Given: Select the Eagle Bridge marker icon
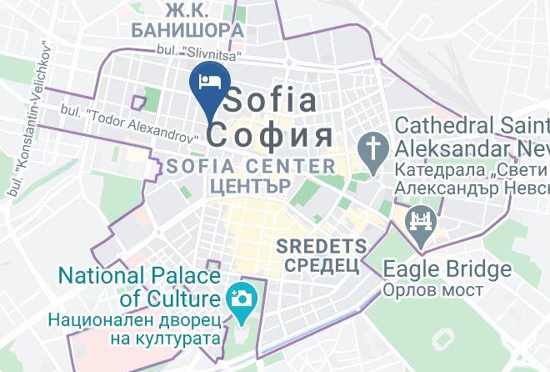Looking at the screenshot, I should tap(419, 224).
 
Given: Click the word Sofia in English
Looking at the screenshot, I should tap(272, 101).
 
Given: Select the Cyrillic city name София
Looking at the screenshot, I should tap(271, 135).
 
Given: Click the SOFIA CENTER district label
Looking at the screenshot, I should tap(251, 165).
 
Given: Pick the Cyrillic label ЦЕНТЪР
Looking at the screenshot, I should tap(251, 185).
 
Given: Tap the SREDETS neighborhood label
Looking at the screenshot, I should tap(321, 247).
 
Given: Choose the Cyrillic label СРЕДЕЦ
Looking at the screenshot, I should tap(322, 265).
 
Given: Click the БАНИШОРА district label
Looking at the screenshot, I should tap(187, 31).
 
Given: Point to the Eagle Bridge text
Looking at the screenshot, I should tap(447, 269).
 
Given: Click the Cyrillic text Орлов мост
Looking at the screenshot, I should tap(433, 289).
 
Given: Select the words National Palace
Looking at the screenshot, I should tap(137, 275).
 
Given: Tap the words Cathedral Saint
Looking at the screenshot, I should tap(471, 126).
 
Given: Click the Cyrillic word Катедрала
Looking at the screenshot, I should tap(433, 170).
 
